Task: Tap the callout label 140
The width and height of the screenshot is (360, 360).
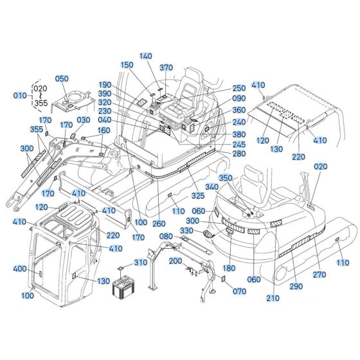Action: pyautogui.click(x=146, y=57)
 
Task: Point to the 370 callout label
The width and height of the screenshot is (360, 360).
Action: pyautogui.click(x=166, y=67)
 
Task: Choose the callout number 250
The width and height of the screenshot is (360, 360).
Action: pyautogui.click(x=239, y=88)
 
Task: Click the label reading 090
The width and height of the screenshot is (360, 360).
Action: pyautogui.click(x=239, y=98)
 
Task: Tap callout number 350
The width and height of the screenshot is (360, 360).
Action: pyautogui.click(x=226, y=177)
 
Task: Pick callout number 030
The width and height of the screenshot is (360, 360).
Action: pyautogui.click(x=84, y=120)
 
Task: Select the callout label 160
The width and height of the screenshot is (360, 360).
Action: pyautogui.click(x=104, y=130)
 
